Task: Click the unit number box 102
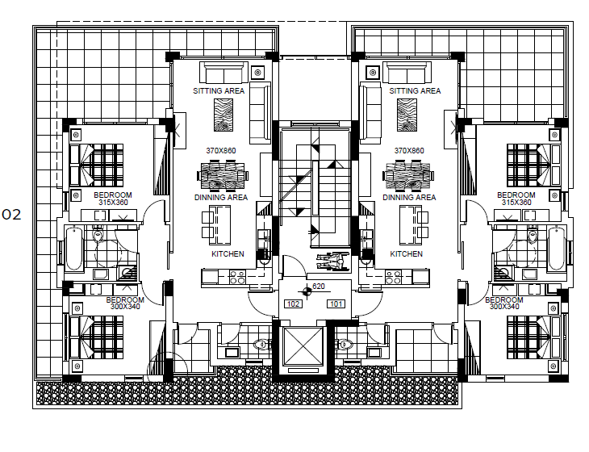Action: [293, 304]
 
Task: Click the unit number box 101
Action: [336, 304]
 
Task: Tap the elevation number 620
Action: [319, 287]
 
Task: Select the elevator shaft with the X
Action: [303, 346]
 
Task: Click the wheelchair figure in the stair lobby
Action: [332, 262]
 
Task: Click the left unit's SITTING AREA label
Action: [219, 91]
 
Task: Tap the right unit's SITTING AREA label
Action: [415, 91]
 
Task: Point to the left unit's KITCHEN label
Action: [228, 254]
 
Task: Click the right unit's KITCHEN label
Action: [407, 254]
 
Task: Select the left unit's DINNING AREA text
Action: [221, 197]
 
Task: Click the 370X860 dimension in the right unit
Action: [409, 151]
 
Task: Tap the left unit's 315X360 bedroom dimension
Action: [116, 203]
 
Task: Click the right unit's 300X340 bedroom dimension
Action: [504, 307]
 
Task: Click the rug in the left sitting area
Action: [223, 115]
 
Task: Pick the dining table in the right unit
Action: [408, 175]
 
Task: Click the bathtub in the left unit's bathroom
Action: [74, 249]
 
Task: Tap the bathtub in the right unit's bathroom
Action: [556, 249]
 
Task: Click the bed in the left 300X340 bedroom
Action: [97, 337]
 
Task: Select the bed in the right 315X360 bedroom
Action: [533, 165]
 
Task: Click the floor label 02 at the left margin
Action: [11, 215]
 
